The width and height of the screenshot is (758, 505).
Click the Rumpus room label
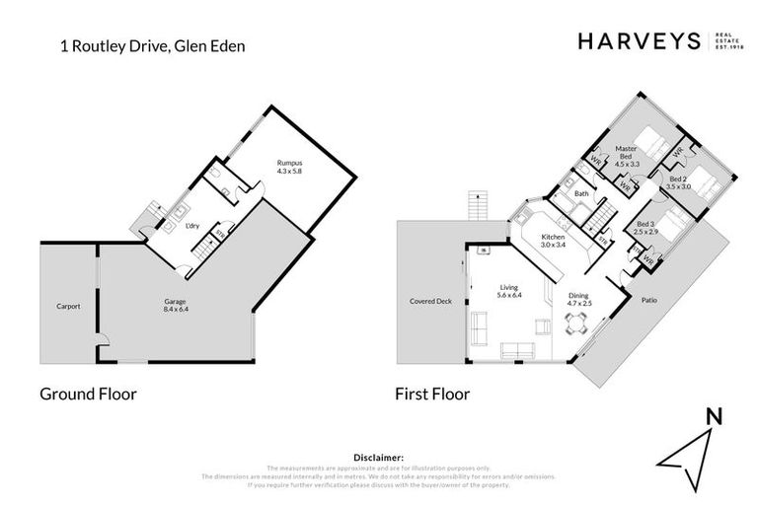pyautogui.click(x=289, y=163)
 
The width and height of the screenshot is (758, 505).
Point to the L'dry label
pyautogui.click(x=193, y=226)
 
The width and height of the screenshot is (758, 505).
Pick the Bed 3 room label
pyautogui.click(x=644, y=226)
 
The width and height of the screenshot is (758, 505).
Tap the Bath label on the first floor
pyautogui.click(x=582, y=193)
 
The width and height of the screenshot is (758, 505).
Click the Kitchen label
pyautogui.click(x=552, y=238)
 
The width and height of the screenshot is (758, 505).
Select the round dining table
pyautogui.click(x=575, y=329)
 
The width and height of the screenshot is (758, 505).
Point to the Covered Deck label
pyautogui.click(x=430, y=301)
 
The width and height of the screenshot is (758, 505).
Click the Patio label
pyautogui.click(x=648, y=299)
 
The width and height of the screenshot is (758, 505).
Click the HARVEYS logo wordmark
pyautogui.click(x=638, y=40)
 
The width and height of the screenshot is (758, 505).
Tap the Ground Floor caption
pyautogui.click(x=88, y=394)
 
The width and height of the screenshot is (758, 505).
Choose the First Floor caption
pyautogui.click(x=432, y=394)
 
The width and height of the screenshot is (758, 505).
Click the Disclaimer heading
pyautogui.click(x=378, y=458)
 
